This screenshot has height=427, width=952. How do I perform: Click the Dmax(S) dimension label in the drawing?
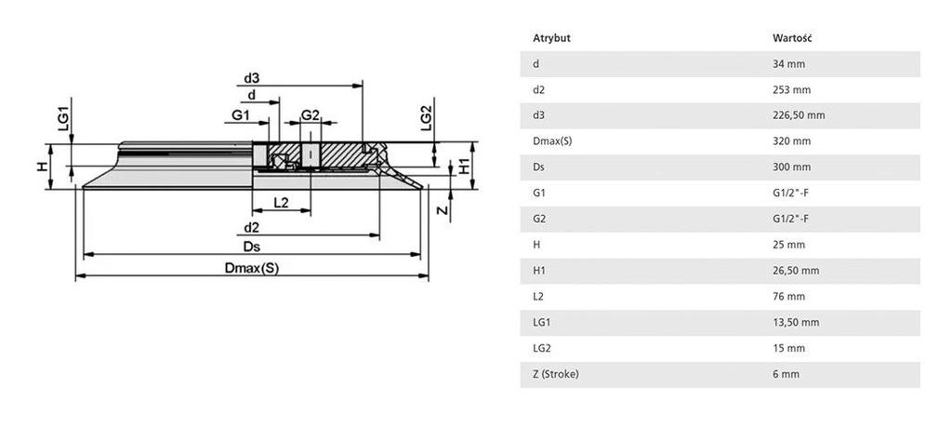pos(252,268)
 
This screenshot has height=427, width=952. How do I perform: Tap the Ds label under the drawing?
pos(252,246)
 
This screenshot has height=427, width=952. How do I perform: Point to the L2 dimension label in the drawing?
pos(281,203)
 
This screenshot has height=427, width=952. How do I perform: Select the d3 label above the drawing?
pos(251,78)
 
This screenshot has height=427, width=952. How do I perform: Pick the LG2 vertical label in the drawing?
pos(426,118)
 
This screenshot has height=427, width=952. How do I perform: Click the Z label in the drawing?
pos(443,211)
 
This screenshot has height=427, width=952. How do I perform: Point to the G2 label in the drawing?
pos(311,114)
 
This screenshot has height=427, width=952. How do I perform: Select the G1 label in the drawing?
pos(241,114)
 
